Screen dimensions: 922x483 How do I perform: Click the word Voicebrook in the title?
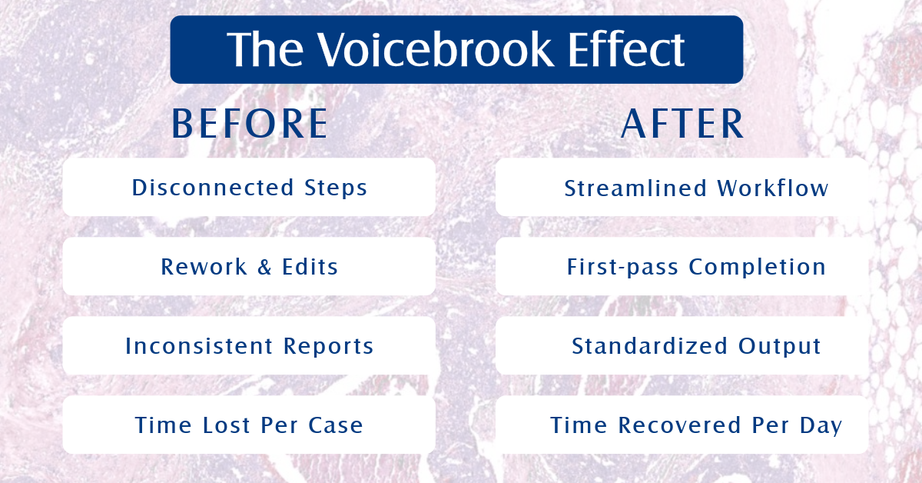click(435, 49)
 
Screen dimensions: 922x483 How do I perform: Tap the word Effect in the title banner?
click(626, 49)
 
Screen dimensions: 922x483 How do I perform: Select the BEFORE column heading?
click(250, 124)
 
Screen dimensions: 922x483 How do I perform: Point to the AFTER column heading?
click(682, 124)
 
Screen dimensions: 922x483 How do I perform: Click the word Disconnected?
click(213, 188)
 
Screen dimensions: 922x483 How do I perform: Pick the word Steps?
click(336, 188)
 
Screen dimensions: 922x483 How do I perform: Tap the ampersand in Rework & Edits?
click(264, 267)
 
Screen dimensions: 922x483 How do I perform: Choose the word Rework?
click(204, 267)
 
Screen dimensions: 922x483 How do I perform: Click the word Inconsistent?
click(199, 346)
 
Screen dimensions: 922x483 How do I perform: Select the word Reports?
click(329, 347)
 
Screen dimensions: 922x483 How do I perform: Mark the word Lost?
click(227, 425)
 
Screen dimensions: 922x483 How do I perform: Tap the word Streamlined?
click(635, 188)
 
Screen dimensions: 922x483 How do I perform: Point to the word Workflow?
click(773, 188)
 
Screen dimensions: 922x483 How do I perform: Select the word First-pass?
click(622, 268)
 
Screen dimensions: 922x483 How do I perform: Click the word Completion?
click(758, 268)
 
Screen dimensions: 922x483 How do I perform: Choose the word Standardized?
click(649, 346)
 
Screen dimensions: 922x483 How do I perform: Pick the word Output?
click(780, 347)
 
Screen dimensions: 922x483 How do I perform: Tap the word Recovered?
click(679, 425)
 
